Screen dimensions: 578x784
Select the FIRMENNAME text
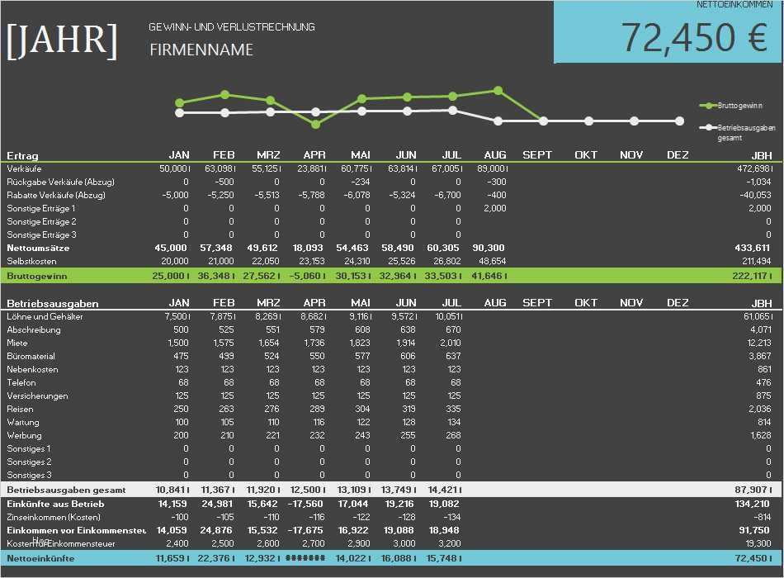click(201, 50)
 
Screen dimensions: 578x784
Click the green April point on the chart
click(315, 125)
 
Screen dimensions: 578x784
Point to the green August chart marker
click(497, 91)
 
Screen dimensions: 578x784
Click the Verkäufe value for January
click(175, 168)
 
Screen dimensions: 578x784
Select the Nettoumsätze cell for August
click(489, 248)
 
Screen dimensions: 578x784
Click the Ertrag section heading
click(23, 155)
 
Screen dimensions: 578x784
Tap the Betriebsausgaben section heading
click(48, 303)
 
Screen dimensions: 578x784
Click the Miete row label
click(17, 343)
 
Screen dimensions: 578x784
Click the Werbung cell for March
click(269, 435)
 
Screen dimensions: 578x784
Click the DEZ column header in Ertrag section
click(677, 155)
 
